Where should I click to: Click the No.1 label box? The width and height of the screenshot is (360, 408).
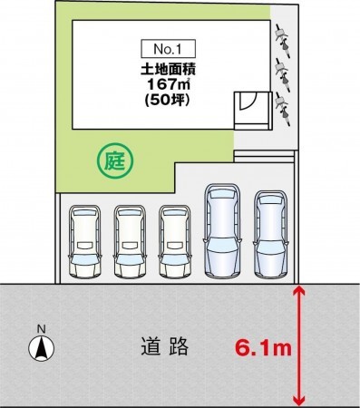pyautogui.click(x=168, y=49)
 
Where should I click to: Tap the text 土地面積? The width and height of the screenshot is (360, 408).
pyautogui.click(x=169, y=70)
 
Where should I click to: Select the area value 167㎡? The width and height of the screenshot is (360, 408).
pyautogui.click(x=169, y=84)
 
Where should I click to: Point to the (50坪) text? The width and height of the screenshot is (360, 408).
pyautogui.click(x=168, y=100)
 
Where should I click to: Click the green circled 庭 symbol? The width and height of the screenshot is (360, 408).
pyautogui.click(x=115, y=160)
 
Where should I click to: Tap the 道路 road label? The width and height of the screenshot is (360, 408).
pyautogui.click(x=165, y=346)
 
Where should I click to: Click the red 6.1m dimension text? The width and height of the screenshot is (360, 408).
pyautogui.click(x=263, y=347)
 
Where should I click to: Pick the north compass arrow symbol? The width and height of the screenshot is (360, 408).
pyautogui.click(x=42, y=348)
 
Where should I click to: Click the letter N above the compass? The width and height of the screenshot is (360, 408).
pyautogui.click(x=42, y=329)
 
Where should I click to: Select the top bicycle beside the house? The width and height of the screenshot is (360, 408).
pyautogui.click(x=283, y=41)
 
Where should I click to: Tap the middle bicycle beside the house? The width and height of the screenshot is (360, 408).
pyautogui.click(x=283, y=76)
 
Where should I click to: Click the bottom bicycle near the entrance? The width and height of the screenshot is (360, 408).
pyautogui.click(x=283, y=110)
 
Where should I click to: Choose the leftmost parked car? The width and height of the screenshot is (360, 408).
pyautogui.click(x=85, y=242)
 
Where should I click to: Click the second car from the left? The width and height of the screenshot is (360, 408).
pyautogui.click(x=130, y=242)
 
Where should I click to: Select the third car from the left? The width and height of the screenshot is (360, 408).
pyautogui.click(x=175, y=242)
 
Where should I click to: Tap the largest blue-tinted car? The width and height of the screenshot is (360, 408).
pyautogui.click(x=222, y=230)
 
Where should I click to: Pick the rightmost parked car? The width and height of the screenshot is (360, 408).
pyautogui.click(x=270, y=234)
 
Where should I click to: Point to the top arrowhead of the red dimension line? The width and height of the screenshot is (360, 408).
pyautogui.click(x=298, y=290)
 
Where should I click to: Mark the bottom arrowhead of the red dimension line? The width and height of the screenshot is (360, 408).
pyautogui.click(x=298, y=401)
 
